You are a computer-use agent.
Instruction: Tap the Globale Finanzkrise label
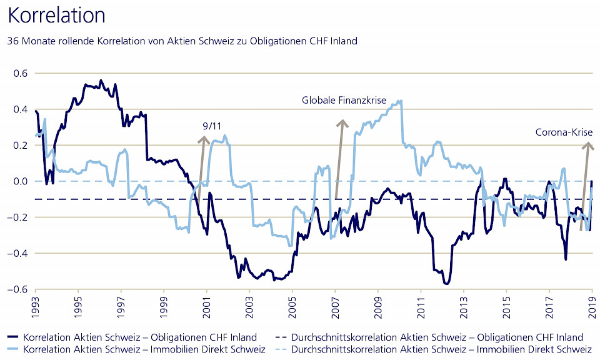tap(344, 100)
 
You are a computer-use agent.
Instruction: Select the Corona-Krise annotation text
tap(564, 132)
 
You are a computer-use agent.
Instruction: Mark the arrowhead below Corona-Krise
tap(587, 146)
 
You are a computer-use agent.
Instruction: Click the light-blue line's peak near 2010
tap(400, 101)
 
